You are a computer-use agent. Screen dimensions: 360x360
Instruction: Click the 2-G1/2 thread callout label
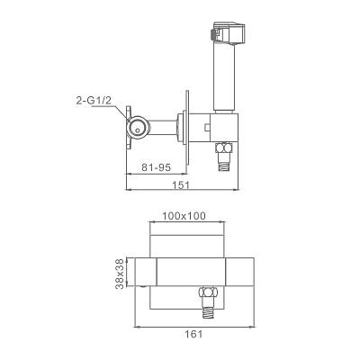pos(94,101)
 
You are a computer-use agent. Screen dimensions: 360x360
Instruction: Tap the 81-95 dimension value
pos(156,167)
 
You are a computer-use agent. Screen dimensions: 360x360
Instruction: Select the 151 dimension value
pos(181,185)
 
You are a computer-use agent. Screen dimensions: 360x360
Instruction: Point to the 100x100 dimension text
pos(184,216)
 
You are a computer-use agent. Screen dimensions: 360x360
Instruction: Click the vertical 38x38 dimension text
pos(120,274)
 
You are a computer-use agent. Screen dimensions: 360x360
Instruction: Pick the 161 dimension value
pos(193,334)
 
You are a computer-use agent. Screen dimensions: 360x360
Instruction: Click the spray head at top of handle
pos(229,32)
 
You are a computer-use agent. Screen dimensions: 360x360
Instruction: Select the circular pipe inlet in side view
pos(138,128)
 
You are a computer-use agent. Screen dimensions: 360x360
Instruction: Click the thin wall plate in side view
pos(187,128)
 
